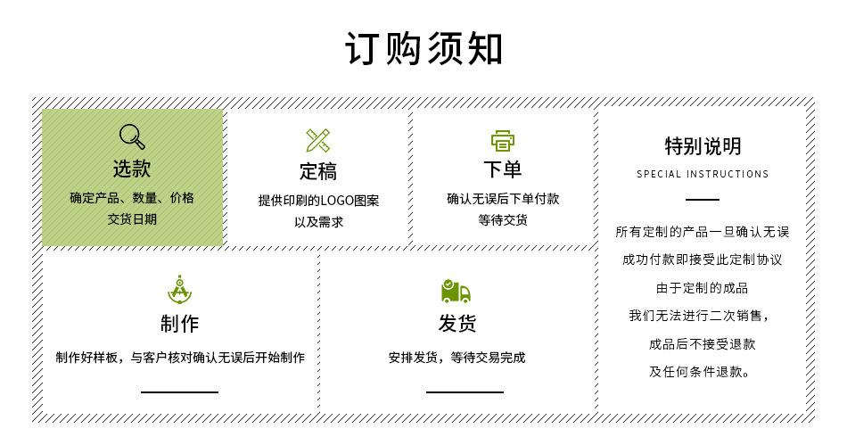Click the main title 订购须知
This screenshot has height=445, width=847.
[423, 48]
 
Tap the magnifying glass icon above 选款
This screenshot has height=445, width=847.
[132, 136]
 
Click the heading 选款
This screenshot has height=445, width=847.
[132, 168]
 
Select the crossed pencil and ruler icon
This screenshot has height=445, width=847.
[318, 140]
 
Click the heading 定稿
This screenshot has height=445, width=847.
[318, 171]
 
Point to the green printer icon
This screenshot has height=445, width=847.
[503, 140]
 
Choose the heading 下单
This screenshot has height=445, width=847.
[503, 169]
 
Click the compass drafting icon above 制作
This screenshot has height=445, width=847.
[180, 290]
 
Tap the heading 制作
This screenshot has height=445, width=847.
[180, 323]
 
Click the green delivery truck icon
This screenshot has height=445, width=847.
[456, 291]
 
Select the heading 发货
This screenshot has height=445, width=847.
[456, 323]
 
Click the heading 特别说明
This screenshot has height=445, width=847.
[703, 146]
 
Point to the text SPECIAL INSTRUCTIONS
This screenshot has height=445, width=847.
[703, 174]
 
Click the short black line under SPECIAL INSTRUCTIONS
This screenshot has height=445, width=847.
[703, 200]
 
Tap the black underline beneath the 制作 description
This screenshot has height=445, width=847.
[179, 391]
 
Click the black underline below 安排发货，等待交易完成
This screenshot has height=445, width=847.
[465, 391]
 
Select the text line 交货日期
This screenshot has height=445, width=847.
[132, 218]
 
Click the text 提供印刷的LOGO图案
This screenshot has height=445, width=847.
[318, 201]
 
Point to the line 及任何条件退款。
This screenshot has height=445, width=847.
[702, 372]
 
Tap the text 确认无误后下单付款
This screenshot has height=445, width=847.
[503, 199]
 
